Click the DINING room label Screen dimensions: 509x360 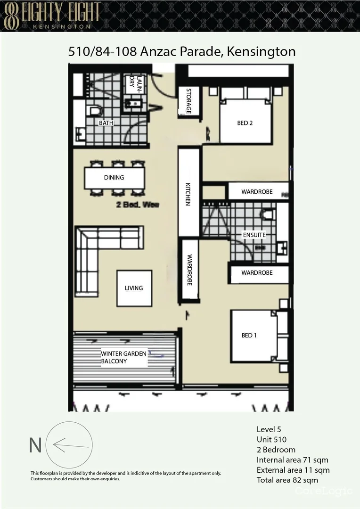(x=114, y=178)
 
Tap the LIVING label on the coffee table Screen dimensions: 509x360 (x=134, y=288)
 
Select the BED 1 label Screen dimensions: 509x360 (x=249, y=336)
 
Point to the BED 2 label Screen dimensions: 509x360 (x=245, y=123)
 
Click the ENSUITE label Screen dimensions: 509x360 (x=254, y=235)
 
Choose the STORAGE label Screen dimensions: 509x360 (x=188, y=101)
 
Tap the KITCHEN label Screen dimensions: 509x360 (x=188, y=194)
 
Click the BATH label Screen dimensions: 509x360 (x=106, y=123)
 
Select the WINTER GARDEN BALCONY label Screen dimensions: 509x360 (x=123, y=358)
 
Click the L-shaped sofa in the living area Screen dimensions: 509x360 (x=90, y=250)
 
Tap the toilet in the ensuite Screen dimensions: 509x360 (x=268, y=215)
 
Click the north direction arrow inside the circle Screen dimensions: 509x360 (x=71, y=445)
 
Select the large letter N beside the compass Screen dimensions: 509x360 (x=35, y=445)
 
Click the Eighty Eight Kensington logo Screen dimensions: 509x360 (x=52, y=15)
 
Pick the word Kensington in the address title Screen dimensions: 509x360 (x=261, y=51)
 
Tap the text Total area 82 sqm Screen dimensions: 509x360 (x=287, y=480)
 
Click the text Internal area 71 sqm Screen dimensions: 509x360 (x=293, y=460)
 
